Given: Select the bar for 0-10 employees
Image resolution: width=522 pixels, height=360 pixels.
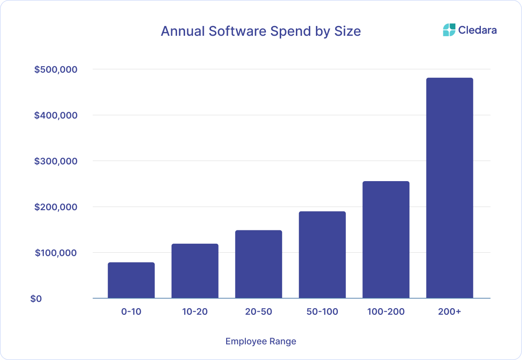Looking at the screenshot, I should [x=131, y=280].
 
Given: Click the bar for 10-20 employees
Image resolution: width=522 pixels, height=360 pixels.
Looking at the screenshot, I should [x=195, y=271].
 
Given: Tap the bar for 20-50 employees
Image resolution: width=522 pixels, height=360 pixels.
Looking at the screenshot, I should [x=258, y=264].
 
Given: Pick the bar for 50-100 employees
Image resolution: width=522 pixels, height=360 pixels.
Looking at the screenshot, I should [x=322, y=255].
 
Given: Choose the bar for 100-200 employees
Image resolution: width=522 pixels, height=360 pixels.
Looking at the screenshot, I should [x=386, y=240].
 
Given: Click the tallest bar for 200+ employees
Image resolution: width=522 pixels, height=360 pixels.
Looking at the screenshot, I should [x=450, y=188].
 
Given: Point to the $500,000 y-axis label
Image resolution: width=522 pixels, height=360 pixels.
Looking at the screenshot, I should [x=56, y=69].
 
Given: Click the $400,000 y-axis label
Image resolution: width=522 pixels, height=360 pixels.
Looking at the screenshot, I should [x=56, y=115].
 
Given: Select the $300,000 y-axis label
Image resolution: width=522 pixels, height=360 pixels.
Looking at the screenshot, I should [x=56, y=161].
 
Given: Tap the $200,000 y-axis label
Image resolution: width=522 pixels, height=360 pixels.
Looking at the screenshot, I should [x=56, y=207].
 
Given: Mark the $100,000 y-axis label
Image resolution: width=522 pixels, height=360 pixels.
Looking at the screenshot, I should [x=56, y=253].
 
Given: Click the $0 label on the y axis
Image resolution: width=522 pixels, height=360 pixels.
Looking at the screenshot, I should [x=36, y=299].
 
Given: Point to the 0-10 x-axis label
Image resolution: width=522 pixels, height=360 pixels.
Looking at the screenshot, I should [x=131, y=312].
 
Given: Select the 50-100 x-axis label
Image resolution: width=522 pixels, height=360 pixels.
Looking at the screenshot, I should [x=322, y=312].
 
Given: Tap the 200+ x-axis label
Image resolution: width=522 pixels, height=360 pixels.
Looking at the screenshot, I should [x=450, y=312].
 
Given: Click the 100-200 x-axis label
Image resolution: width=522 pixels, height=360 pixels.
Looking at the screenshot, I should [x=386, y=312].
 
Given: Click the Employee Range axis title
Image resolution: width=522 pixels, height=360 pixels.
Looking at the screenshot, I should [x=261, y=342].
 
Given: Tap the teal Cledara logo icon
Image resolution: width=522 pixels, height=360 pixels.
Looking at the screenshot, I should [x=449, y=30].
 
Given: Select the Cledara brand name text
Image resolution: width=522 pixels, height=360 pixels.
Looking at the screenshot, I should [x=477, y=30].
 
